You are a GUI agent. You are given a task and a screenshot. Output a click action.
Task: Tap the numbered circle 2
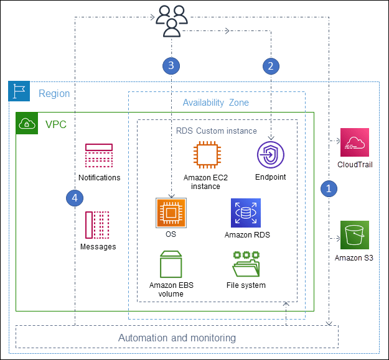point(270,65)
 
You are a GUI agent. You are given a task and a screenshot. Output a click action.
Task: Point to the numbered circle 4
point(75,198)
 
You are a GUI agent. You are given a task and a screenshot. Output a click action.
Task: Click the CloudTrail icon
point(354,143)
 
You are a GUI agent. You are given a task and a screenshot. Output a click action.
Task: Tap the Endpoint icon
point(270,155)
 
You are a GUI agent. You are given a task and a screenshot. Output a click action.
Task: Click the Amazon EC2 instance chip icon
point(206,155)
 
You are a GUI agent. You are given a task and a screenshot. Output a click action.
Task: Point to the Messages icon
point(98,225)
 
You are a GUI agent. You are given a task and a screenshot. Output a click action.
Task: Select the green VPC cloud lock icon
point(27,124)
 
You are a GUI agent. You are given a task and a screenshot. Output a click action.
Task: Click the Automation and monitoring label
point(177,338)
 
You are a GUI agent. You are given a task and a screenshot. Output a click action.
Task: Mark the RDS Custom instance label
point(216,131)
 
